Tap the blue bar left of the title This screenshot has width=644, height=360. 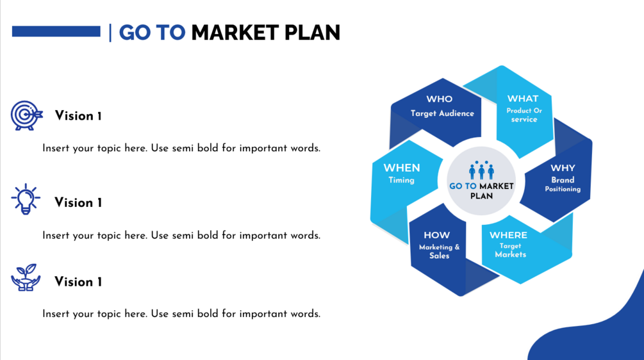(x=56, y=31)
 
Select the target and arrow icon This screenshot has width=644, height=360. (x=26, y=115)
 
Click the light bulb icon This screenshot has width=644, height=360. (x=26, y=199)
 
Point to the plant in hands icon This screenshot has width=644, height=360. (x=26, y=278)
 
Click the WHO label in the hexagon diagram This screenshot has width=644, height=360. (x=439, y=99)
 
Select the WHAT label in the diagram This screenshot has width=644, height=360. (x=523, y=99)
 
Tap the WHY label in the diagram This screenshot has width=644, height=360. (x=563, y=168)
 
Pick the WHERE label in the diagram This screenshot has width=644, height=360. (x=508, y=235)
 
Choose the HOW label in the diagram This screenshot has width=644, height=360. (x=436, y=235)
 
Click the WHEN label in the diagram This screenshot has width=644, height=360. (x=402, y=168)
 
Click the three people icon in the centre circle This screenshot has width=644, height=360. (x=481, y=170)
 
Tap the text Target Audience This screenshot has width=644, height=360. (x=442, y=113)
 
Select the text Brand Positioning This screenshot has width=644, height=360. (x=563, y=184)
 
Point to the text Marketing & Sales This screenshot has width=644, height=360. (x=439, y=252)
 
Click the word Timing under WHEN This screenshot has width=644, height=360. (x=401, y=180)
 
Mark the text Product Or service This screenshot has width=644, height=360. (x=524, y=115)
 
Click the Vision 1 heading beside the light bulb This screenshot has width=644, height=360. (x=78, y=203)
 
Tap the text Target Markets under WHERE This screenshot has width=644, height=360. (x=510, y=250)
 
